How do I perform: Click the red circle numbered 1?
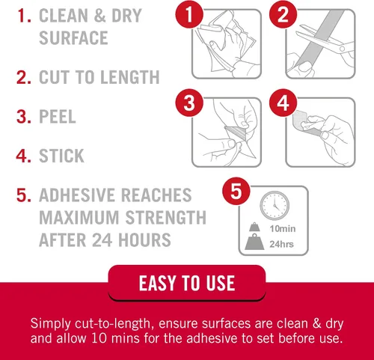189,14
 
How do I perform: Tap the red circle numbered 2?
283,14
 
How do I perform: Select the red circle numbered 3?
189,103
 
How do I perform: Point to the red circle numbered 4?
283,103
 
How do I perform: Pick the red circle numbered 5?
236,191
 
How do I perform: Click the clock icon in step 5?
275,206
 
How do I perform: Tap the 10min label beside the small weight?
283,228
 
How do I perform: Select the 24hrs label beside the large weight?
281,244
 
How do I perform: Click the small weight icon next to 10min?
254,227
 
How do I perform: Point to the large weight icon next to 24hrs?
254,242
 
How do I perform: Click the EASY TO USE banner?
187,283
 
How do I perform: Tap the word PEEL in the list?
58,117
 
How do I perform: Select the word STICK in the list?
61,156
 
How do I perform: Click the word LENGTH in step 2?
130,77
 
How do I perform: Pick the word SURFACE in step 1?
73,38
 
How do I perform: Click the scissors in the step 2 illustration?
324,41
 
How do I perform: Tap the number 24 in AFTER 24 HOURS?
102,240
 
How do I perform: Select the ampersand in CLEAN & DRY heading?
100,16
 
